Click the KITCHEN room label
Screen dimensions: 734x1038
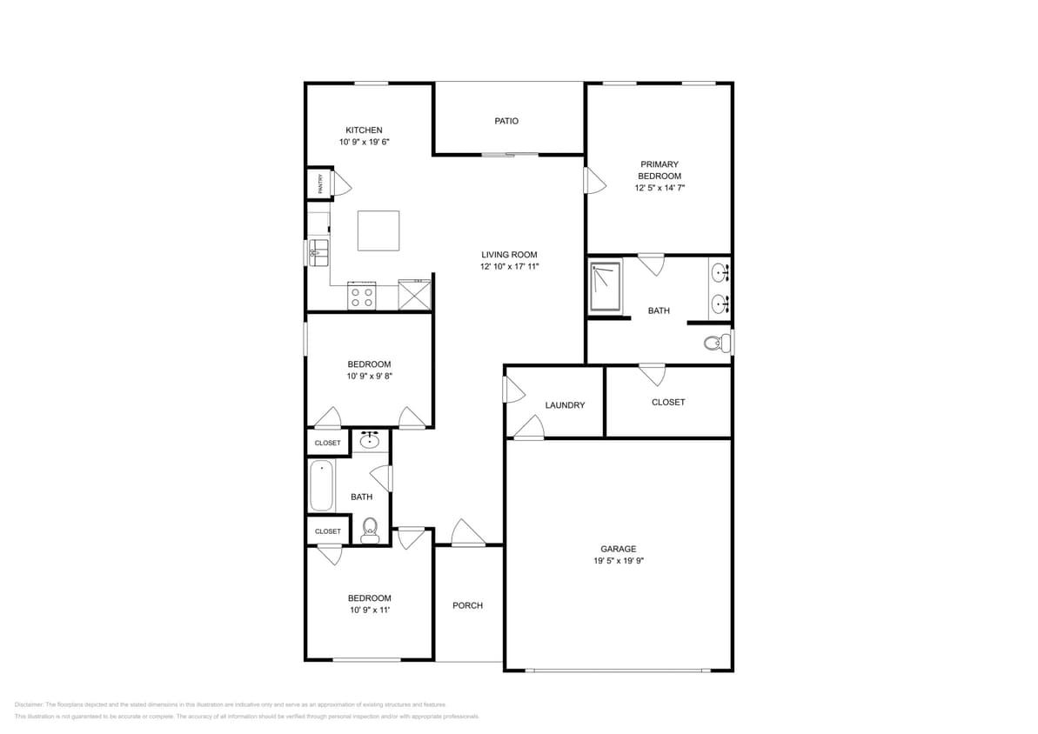tap(364, 130)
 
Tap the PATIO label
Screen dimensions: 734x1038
tap(506, 121)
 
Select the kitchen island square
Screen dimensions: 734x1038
tap(378, 230)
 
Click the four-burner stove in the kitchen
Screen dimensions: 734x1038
tap(361, 297)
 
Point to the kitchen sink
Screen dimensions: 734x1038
tap(318, 253)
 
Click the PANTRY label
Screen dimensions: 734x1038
tap(320, 183)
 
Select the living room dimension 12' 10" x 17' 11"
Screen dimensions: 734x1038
tap(510, 267)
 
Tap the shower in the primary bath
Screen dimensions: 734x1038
tap(606, 286)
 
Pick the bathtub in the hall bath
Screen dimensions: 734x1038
tap(321, 486)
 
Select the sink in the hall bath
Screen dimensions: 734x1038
tap(370, 440)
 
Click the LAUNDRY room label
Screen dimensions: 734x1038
tap(565, 405)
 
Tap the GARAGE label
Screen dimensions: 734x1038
tap(618, 549)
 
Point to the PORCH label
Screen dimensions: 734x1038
tap(467, 605)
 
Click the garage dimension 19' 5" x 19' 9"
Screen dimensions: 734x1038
tap(618, 561)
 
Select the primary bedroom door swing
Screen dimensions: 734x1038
tap(594, 181)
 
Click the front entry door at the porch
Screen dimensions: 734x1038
tap(467, 534)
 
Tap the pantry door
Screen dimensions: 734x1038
tap(342, 183)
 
